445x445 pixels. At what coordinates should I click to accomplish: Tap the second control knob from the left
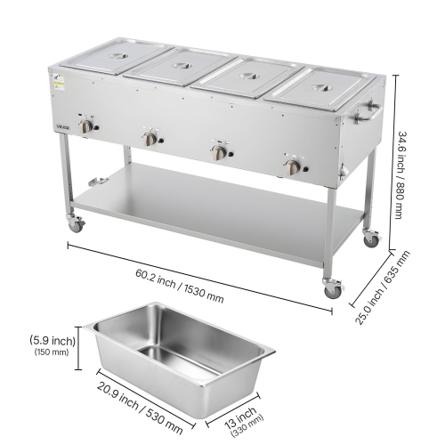point(151,139)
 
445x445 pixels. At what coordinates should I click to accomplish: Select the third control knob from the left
point(219,151)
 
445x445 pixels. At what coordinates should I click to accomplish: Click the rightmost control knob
point(292,166)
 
